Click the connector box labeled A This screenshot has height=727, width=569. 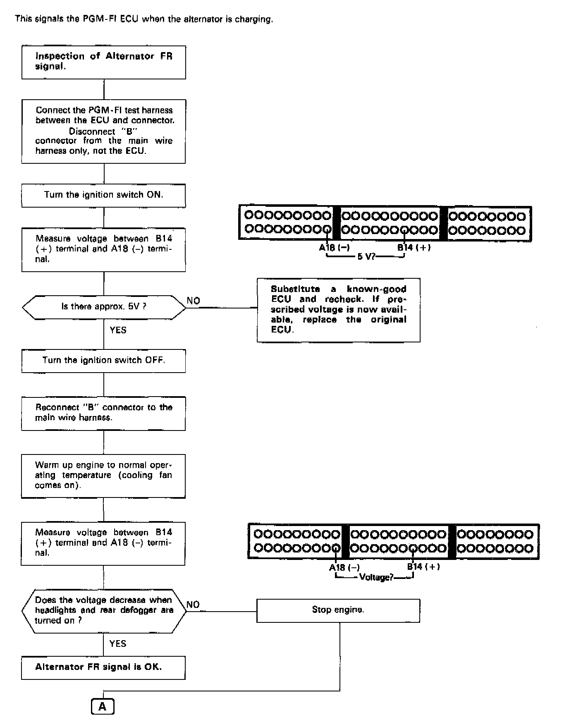(x=102, y=706)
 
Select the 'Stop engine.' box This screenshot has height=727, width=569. (x=338, y=610)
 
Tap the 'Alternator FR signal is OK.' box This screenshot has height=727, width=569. (x=103, y=667)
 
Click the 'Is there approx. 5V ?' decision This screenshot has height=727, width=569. (x=103, y=307)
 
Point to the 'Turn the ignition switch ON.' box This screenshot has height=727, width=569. (x=103, y=195)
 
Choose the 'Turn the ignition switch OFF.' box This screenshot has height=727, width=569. (x=103, y=361)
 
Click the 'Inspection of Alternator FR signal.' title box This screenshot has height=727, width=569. (x=103, y=62)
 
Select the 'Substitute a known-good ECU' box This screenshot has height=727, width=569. (x=338, y=310)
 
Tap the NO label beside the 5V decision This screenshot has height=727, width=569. (x=193, y=301)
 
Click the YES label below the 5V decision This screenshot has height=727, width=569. (x=118, y=330)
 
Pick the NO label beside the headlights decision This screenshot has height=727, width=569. (x=193, y=605)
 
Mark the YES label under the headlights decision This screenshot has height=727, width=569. (x=118, y=643)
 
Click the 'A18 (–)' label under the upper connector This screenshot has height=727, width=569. (x=334, y=248)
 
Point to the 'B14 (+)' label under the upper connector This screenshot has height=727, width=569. (x=414, y=248)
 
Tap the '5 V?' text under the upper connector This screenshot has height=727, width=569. (x=366, y=257)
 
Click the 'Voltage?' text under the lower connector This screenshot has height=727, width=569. (x=376, y=577)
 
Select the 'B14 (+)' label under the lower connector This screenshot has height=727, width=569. (x=423, y=567)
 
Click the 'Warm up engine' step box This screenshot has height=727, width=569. (x=103, y=476)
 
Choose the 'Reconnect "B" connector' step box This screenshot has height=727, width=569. (x=103, y=413)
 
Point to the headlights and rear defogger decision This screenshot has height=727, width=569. (x=103, y=610)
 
